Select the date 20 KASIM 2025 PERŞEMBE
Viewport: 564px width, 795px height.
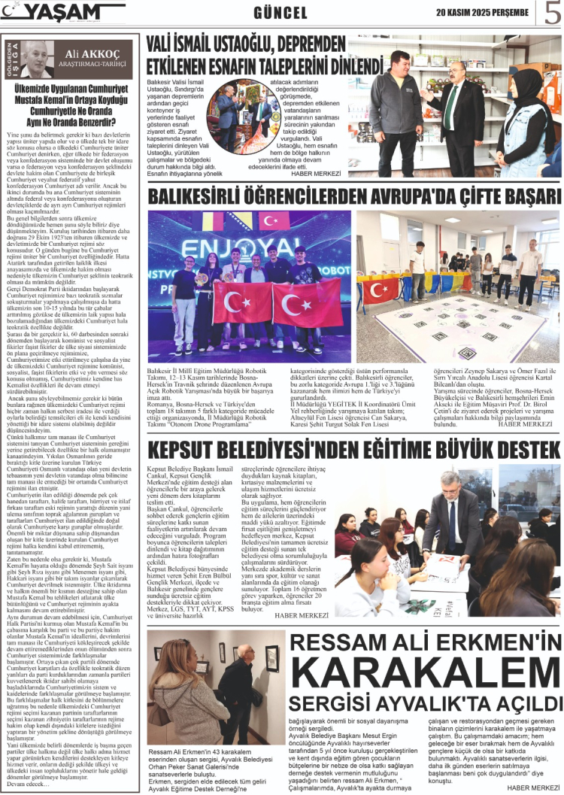point(481,11)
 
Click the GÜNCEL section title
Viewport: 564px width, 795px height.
point(280,13)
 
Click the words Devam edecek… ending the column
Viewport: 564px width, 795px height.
point(26,783)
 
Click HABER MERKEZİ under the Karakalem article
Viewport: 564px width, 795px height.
point(532,787)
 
